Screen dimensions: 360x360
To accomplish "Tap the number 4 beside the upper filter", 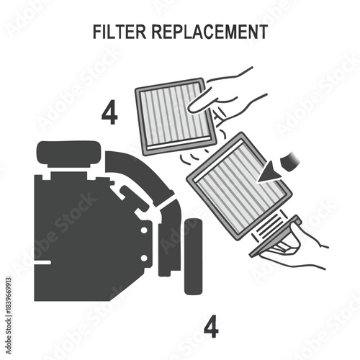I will pyautogui.click(x=110, y=113).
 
